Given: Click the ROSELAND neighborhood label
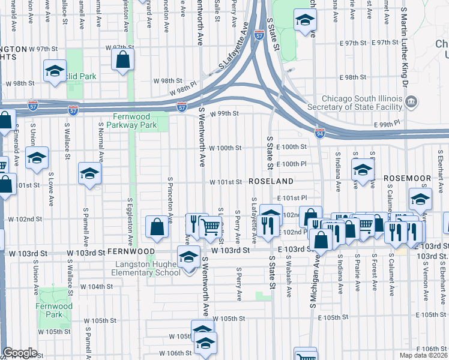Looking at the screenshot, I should [271, 181].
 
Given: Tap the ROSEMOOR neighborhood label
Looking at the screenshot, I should [408, 178].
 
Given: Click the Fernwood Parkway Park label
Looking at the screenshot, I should [131, 121].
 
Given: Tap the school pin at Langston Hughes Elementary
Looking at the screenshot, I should [188, 258].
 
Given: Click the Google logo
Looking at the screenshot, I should [20, 353].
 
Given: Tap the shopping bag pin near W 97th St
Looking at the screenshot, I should [122, 60].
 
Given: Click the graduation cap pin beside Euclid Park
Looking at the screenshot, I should [55, 71].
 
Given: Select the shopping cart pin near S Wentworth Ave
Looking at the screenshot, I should [210, 227].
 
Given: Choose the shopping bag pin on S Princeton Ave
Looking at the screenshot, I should [157, 227].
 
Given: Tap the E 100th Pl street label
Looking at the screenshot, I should [292, 164].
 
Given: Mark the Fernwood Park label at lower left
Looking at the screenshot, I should [59, 310].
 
